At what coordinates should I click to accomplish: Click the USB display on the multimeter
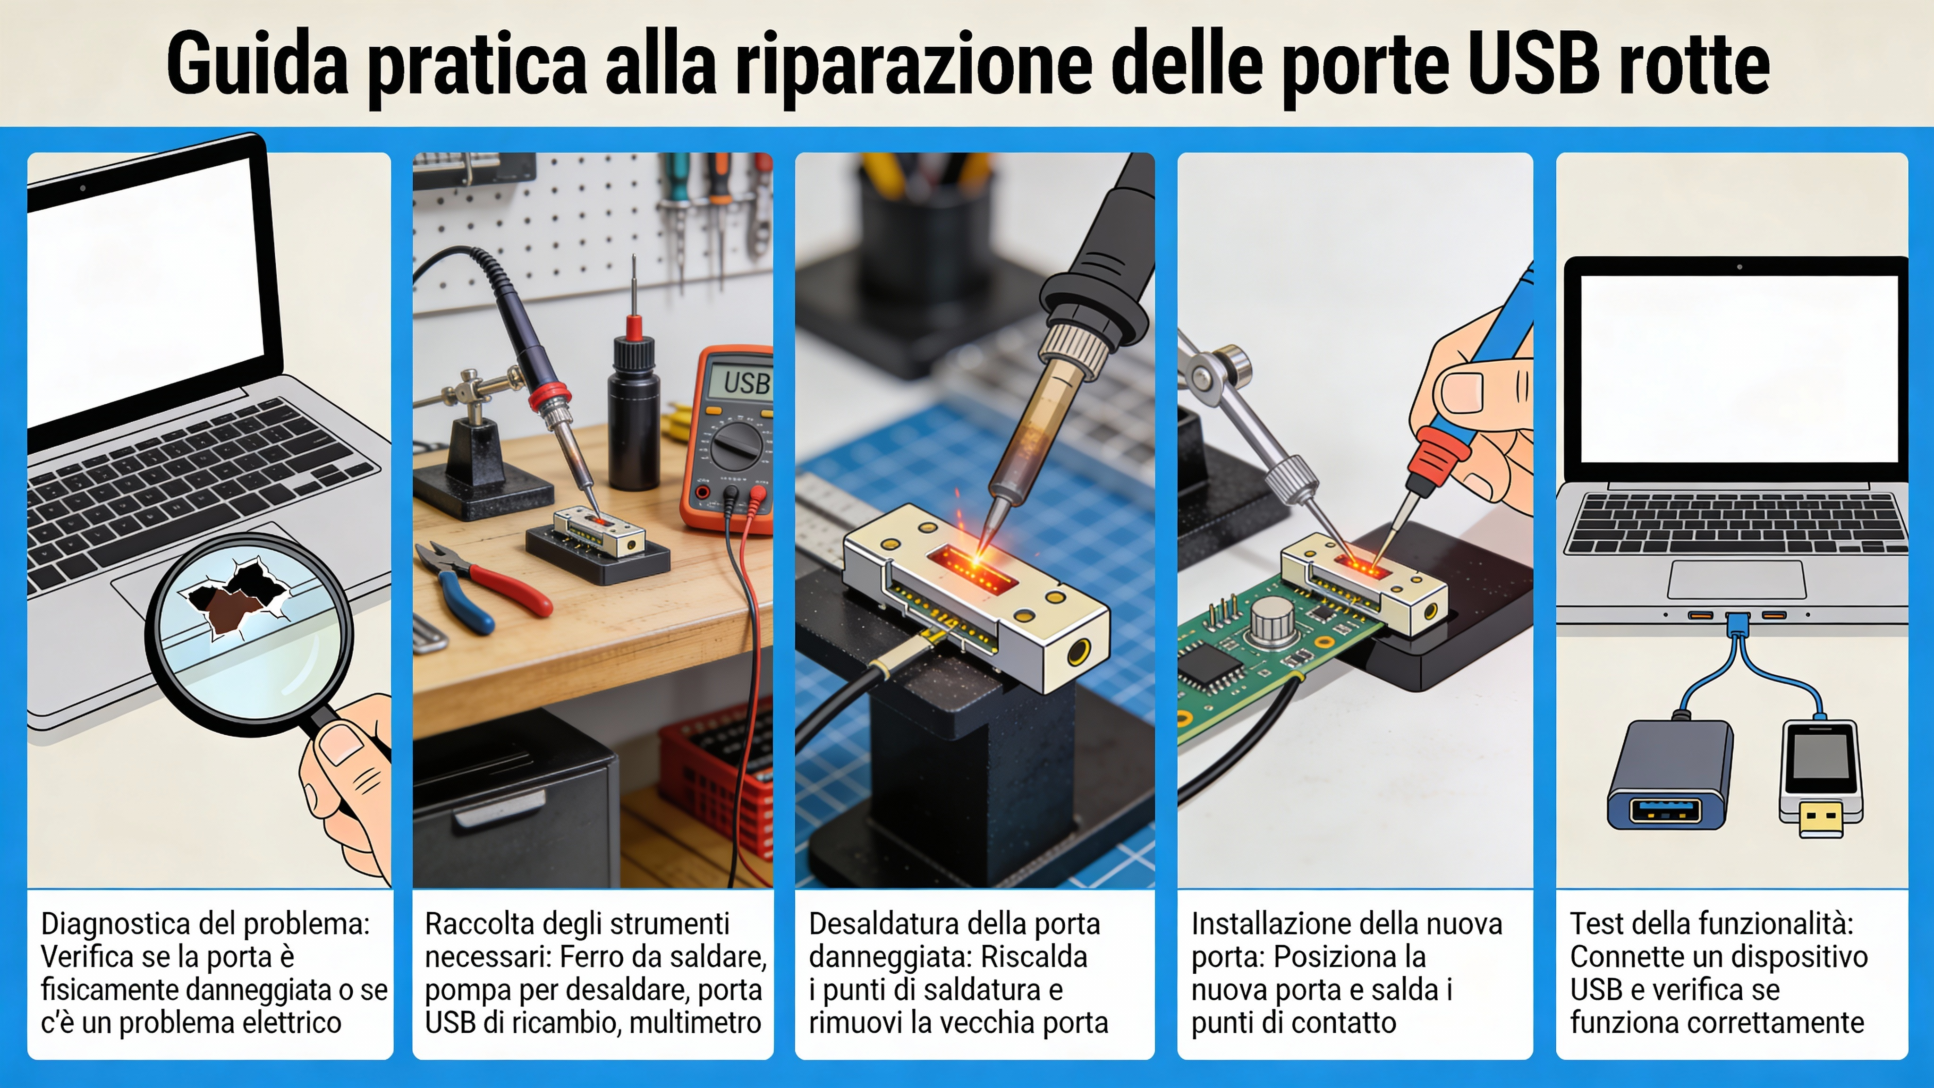coord(743,383)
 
